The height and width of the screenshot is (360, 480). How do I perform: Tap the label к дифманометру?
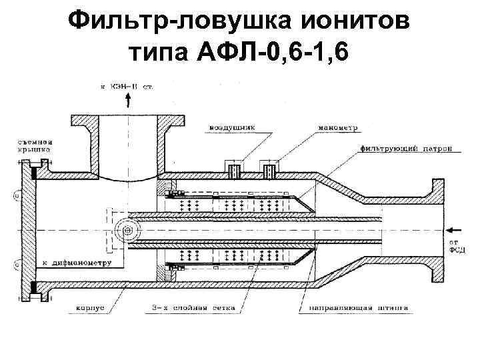[x=73, y=262]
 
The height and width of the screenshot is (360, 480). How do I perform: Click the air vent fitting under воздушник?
[x=234, y=171]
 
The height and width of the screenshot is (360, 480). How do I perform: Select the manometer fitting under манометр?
[x=269, y=171]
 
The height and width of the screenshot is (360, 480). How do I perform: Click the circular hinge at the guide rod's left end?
[x=123, y=231]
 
